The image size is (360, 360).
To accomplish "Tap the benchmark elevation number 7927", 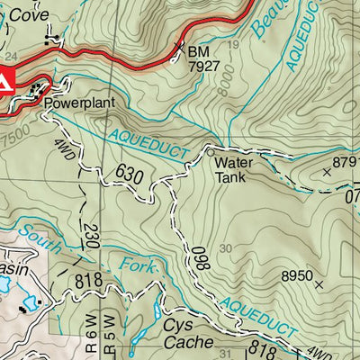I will coord(204,66).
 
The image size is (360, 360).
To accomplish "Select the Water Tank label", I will coord(230,169).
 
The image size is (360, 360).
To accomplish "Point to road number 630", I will coord(129,173).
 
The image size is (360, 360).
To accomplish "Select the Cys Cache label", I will coord(188,334).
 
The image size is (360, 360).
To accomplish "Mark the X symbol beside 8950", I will coord(319,284).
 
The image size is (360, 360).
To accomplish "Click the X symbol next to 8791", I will coord(326,169).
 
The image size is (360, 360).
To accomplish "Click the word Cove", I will coord(29,15).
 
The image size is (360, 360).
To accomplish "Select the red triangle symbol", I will coord(4,83).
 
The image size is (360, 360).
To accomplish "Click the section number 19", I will coord(234,44).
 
